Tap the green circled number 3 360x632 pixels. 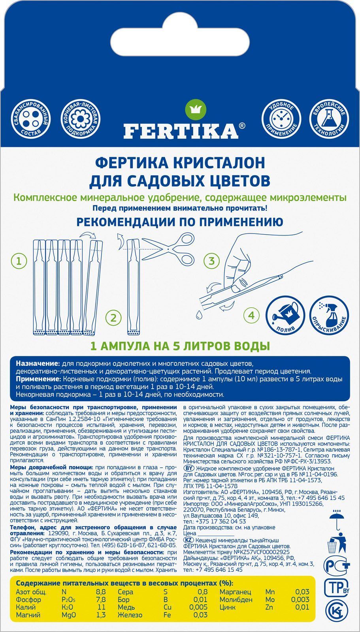[211, 261]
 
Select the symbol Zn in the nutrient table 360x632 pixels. [270, 607]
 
